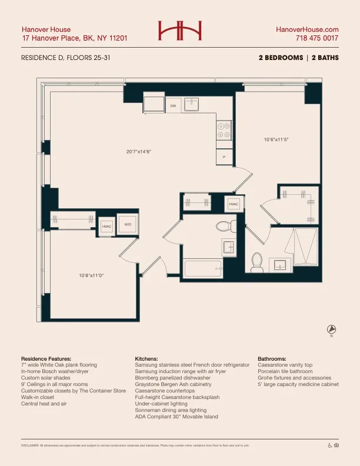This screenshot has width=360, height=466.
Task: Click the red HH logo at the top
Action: click(x=180, y=31)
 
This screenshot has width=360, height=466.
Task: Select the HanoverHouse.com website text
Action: click(x=307, y=29)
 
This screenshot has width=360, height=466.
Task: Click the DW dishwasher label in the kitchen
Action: click(x=173, y=106)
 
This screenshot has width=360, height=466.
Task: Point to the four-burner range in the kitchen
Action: click(x=224, y=131)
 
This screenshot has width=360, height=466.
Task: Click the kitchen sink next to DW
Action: click(x=192, y=105)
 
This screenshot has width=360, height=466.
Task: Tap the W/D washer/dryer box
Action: click(x=127, y=224)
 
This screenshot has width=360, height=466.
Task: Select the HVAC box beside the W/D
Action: click(x=106, y=226)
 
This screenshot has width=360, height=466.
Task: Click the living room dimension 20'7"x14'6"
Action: click(x=139, y=151)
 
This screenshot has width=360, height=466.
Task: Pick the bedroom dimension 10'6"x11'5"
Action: click(x=276, y=139)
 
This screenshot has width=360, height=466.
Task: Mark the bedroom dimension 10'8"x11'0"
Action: click(x=92, y=275)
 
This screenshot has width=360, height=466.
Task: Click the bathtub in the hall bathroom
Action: click(x=203, y=269)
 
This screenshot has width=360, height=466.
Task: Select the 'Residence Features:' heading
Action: click(x=46, y=358)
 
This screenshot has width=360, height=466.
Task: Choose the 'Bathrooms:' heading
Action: click(x=272, y=358)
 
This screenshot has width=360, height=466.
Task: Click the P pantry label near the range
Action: click(x=224, y=158)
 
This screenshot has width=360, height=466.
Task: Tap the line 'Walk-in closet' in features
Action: click(x=39, y=397)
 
